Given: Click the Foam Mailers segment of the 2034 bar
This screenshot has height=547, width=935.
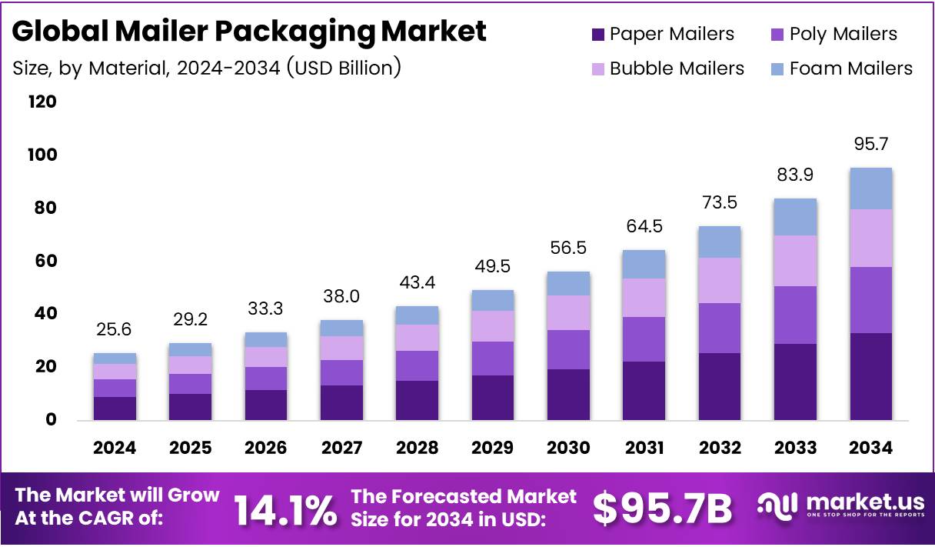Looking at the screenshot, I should pos(870,188).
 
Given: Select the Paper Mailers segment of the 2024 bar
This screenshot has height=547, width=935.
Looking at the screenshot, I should pos(115,409).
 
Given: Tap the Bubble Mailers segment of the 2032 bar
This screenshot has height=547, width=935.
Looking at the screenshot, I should pos(719,280).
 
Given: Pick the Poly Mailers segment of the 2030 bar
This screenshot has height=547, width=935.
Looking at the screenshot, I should pos(568,349).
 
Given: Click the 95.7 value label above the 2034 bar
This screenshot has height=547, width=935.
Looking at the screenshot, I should pos(870,145).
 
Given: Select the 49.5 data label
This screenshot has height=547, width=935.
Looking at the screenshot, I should pos(493,266).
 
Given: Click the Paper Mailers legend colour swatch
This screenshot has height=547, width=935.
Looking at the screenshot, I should pos(598,35).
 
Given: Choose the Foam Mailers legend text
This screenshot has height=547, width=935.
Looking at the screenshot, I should pos(850,68).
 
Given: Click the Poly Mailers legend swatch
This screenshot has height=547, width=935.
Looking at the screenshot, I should pos(777,35).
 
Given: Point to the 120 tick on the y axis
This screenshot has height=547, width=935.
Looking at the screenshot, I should pos(42,102).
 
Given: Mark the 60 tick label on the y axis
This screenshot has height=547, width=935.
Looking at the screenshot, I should pos(46,261).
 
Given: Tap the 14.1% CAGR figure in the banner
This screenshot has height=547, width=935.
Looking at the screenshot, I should pos(284,509).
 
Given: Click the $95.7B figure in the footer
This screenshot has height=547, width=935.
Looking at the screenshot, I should pos(662,509).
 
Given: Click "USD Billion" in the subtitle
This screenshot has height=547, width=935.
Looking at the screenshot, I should pos(344,68).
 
